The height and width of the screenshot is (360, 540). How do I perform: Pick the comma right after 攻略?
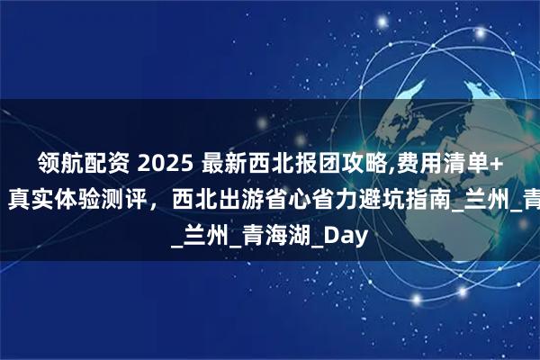click(377, 167)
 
